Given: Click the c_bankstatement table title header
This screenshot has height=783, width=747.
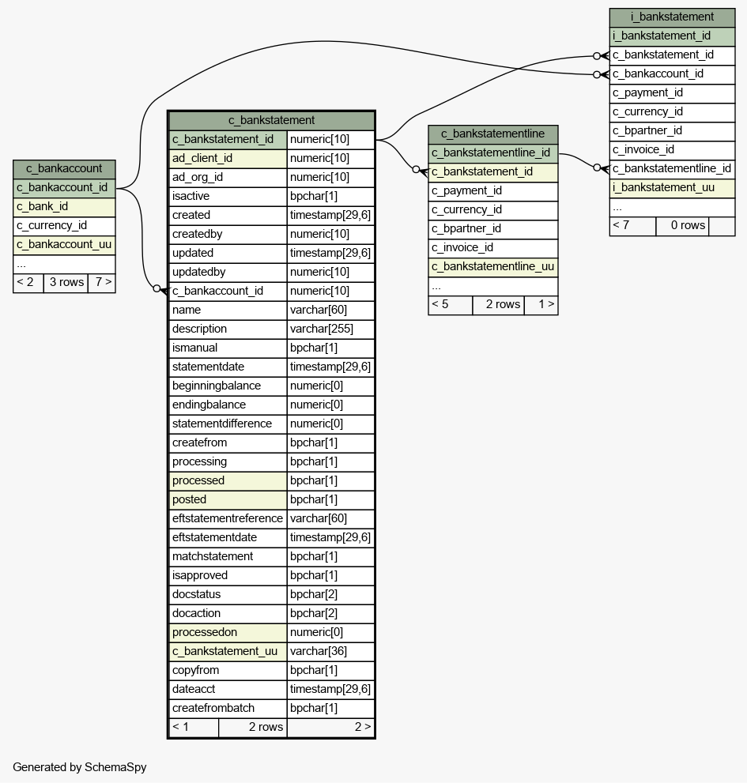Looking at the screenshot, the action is click(x=271, y=120).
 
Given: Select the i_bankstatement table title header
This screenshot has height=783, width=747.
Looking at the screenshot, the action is click(x=672, y=17).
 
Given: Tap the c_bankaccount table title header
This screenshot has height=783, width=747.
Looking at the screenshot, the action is click(x=64, y=169).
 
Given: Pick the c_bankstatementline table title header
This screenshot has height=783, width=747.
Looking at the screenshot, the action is click(x=492, y=134).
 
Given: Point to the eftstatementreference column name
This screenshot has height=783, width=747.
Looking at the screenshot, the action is click(x=228, y=519).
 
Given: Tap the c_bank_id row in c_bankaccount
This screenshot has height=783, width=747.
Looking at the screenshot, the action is click(x=64, y=207).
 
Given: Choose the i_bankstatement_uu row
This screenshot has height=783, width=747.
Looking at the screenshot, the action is click(x=672, y=188).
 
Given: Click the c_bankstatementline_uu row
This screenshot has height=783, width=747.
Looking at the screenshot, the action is click(x=492, y=266).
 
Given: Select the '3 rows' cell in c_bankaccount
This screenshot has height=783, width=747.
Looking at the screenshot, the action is click(x=66, y=283).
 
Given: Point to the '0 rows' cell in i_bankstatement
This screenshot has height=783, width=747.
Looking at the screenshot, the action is click(x=682, y=226).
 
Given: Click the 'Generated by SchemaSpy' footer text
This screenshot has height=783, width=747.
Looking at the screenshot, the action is click(x=80, y=767).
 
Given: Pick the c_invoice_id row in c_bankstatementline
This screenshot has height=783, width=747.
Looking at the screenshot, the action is click(x=492, y=247).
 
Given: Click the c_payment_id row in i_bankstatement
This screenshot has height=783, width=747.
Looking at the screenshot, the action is click(x=672, y=93).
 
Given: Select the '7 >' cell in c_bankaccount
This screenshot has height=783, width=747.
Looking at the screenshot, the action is click(x=102, y=283).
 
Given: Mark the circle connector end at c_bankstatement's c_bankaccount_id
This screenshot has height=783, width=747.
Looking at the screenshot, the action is click(x=157, y=288).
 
